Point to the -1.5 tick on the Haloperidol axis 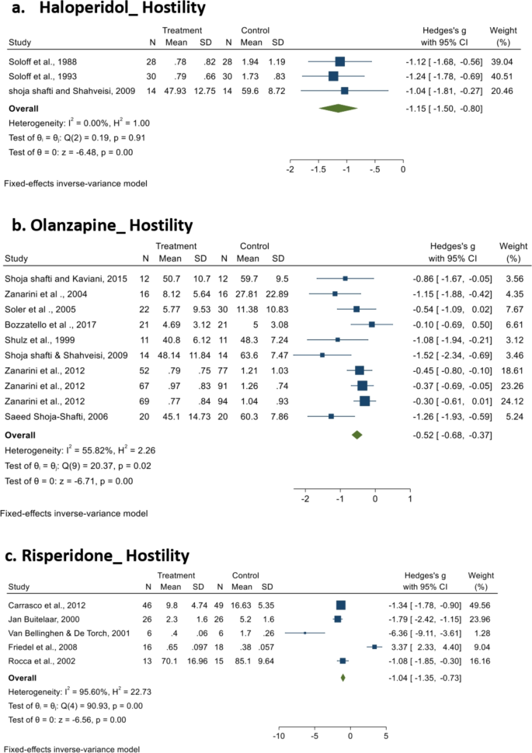[318, 168]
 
